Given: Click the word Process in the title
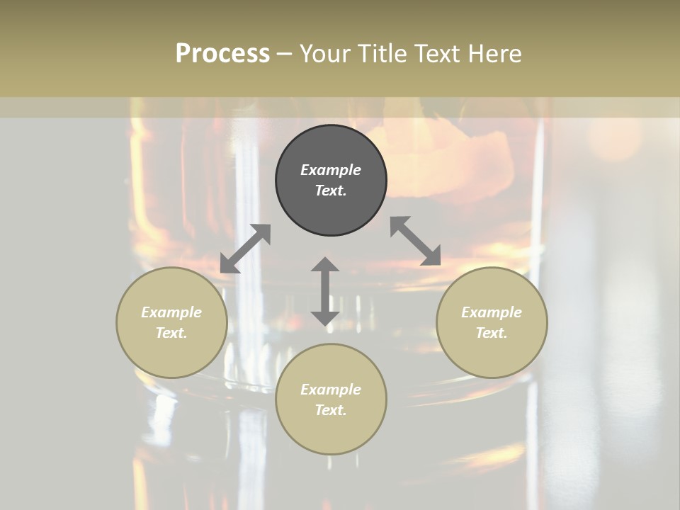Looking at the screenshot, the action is [x=222, y=54].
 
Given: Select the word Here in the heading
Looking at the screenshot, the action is [x=494, y=54].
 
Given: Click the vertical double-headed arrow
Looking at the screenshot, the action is [x=325, y=291].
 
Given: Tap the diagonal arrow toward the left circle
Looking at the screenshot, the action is [x=245, y=249].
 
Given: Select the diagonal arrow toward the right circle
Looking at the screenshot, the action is [x=416, y=241].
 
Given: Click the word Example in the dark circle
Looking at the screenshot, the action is [x=331, y=170].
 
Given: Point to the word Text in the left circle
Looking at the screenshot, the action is [x=171, y=333].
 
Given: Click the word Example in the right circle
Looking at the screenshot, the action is [x=492, y=312].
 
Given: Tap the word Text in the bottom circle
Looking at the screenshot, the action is [x=331, y=410].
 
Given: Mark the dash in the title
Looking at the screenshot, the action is [x=285, y=55].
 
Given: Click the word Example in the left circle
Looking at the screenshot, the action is [x=171, y=312].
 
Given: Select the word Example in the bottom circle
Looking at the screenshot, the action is [x=331, y=390].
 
